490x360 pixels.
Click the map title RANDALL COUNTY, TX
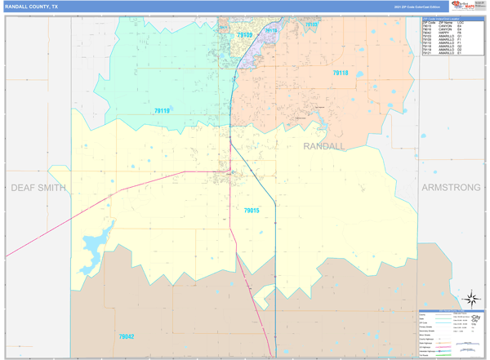click(32, 6)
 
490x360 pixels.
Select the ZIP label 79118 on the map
click(340, 73)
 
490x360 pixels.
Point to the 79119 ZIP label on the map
click(162, 110)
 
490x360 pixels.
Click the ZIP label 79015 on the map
click(251, 211)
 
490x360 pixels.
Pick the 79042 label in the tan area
click(126, 336)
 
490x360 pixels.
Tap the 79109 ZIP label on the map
click(244, 36)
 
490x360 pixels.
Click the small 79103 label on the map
click(311, 24)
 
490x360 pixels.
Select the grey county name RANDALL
click(324, 145)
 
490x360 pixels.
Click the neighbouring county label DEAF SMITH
click(38, 188)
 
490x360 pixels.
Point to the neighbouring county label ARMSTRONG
click(451, 188)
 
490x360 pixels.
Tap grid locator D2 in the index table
click(460, 50)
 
